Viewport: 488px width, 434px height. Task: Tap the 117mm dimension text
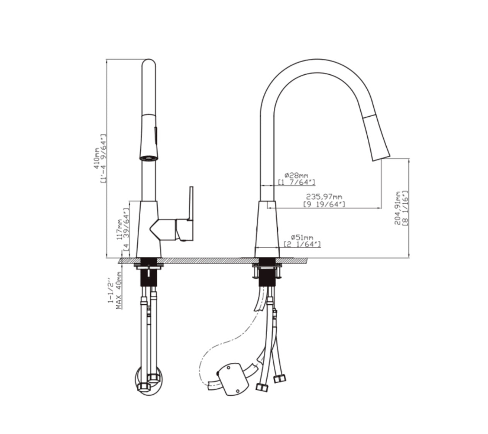[x=119, y=230]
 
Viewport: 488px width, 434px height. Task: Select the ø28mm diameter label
[x=296, y=175]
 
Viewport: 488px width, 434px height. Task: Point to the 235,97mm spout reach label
[x=324, y=197]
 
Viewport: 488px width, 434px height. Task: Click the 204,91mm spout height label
[x=397, y=208]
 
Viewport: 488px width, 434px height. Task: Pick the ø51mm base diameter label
[x=302, y=237]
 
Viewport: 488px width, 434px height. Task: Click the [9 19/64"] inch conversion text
[x=324, y=204]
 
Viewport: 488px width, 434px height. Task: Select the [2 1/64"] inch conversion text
[x=302, y=244]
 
